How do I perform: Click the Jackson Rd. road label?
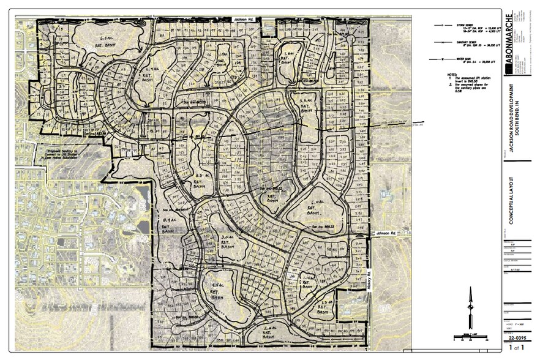pos(247,20)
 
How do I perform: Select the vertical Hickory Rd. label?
pos(370,282)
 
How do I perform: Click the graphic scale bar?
pos(470,336)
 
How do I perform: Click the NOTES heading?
pos(452,74)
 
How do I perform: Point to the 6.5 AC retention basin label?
pos(108,41)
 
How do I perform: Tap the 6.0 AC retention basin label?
pos(317,205)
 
